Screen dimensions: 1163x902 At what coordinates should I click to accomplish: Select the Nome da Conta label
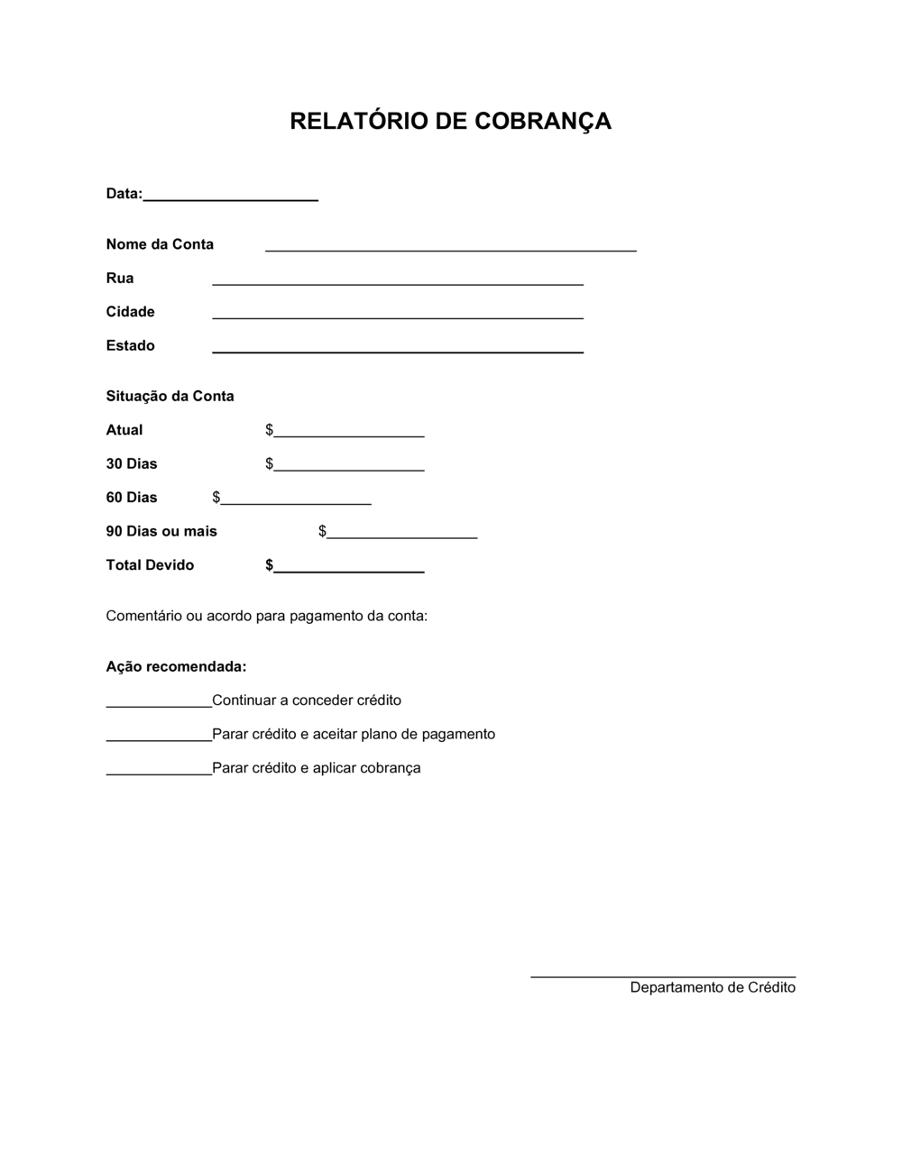click(x=160, y=244)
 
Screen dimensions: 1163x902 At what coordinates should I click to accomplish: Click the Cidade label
click(x=131, y=312)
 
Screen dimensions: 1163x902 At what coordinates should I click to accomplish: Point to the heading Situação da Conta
click(x=170, y=396)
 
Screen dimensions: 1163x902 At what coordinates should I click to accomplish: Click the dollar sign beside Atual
click(x=269, y=430)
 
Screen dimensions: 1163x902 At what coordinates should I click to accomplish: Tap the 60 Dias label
click(x=132, y=498)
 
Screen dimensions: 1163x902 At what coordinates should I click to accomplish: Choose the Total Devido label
click(x=150, y=565)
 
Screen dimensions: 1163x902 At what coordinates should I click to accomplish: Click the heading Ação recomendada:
click(x=176, y=667)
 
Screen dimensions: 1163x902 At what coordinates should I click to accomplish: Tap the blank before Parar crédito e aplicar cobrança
click(x=159, y=772)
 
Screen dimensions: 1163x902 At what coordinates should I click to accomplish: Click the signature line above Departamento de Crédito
click(x=663, y=975)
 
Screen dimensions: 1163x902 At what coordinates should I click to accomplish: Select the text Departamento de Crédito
click(x=713, y=987)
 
